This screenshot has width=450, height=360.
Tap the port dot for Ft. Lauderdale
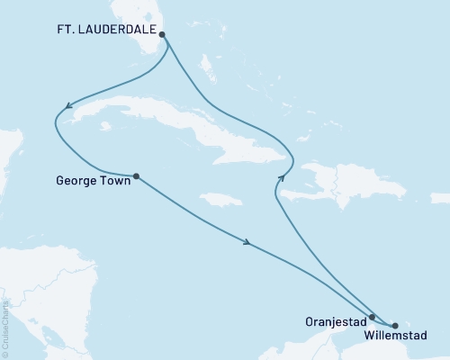[162, 35]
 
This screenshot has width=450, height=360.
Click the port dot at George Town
[136, 176]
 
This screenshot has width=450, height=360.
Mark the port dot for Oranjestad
[372, 317]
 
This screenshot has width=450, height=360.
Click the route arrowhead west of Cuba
[59, 112]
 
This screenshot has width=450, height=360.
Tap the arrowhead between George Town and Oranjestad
[246, 240]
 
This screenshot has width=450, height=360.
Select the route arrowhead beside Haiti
[281, 178]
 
